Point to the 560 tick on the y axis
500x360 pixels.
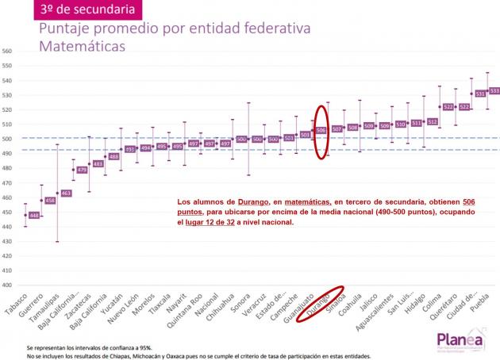(x=8, y=52)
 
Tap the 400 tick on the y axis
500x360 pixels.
(x=8, y=285)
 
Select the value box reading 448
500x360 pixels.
(x=33, y=215)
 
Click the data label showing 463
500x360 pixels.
(x=66, y=193)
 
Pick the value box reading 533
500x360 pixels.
(x=494, y=91)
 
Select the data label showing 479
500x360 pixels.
(x=82, y=170)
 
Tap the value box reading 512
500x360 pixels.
(x=432, y=122)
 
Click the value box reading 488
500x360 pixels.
(x=113, y=156)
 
